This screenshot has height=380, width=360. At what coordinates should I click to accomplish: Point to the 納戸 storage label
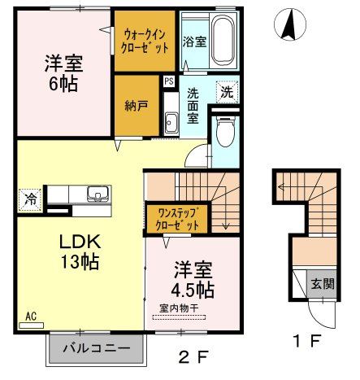(x=137, y=106)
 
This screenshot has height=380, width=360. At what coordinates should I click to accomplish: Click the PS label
(x=168, y=81)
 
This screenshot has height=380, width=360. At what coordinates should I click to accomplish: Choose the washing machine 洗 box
(x=228, y=92)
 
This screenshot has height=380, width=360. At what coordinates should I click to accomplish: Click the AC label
(x=31, y=315)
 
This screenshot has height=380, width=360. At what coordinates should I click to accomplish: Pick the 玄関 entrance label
(x=322, y=284)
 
